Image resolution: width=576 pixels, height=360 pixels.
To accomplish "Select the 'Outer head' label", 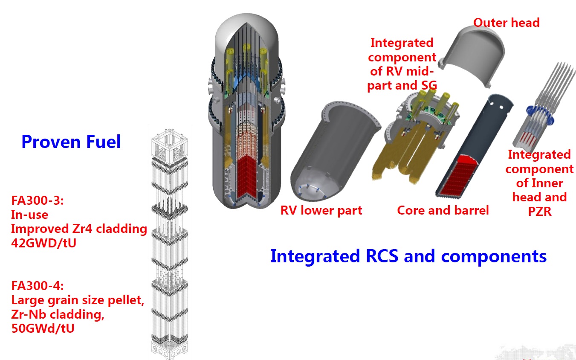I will [507, 22].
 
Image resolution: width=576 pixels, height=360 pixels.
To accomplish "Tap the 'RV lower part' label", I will [321, 210].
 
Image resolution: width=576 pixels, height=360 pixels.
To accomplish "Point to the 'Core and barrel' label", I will [443, 210].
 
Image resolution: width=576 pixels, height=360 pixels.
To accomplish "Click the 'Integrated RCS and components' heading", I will [408, 256].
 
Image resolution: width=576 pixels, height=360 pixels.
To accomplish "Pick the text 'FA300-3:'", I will [38, 200].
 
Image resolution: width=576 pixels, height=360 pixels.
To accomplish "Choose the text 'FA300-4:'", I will [38, 286].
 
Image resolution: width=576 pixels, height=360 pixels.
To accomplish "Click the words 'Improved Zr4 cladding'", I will [79, 229].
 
